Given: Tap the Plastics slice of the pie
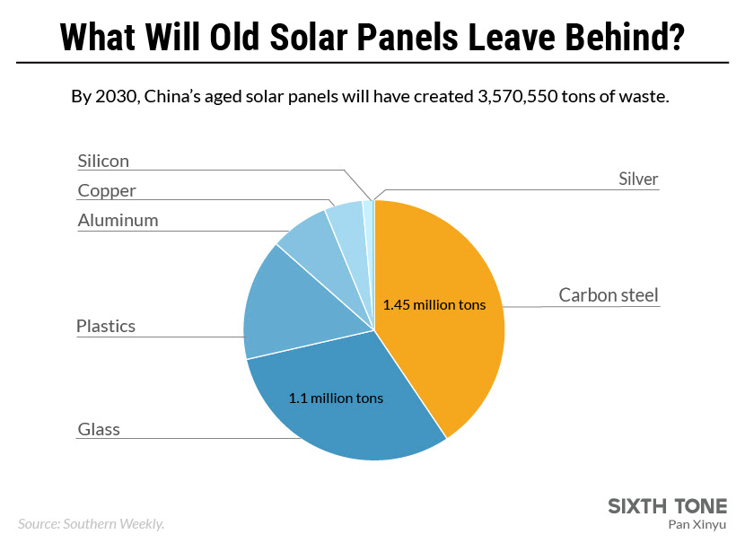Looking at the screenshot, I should point(287,305).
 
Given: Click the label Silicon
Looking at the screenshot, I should point(103,162).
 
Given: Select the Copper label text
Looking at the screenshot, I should point(107,190).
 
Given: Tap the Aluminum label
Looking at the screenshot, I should point(118,220).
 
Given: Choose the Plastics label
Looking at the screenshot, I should point(106,326).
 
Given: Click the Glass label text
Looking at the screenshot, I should point(99,429).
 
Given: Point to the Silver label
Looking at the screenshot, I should point(638,179).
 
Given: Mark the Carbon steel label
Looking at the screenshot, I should point(609,294).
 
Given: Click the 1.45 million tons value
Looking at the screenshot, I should point(434,305).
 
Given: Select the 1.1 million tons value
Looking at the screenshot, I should point(336,398).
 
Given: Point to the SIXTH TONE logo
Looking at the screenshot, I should point(668,505).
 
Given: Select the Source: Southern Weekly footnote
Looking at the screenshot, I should point(91,523).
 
